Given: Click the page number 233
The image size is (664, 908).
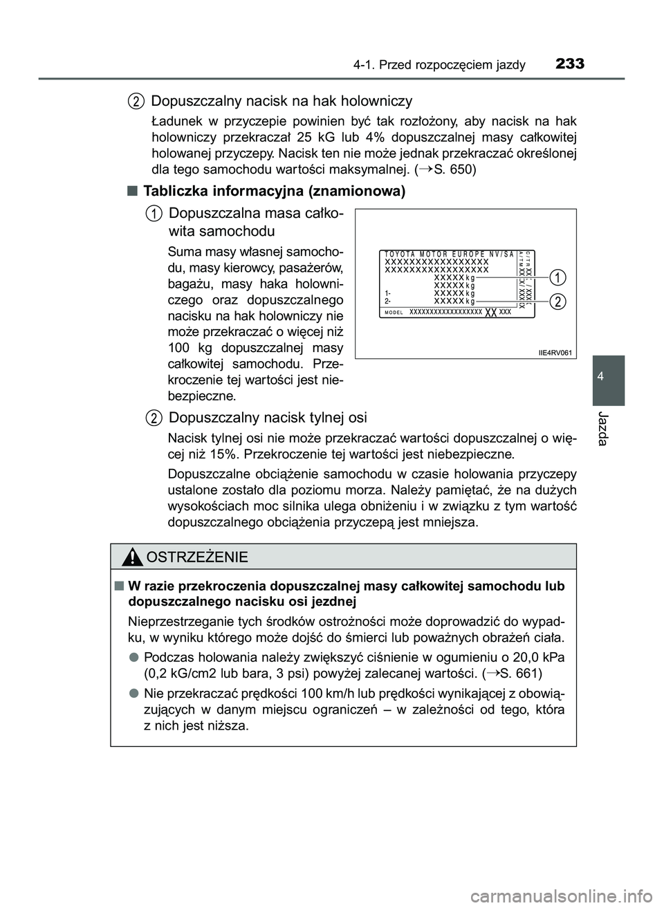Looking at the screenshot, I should tap(569, 64).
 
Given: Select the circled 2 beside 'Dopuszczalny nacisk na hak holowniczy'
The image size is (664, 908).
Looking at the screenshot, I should tap(137, 102).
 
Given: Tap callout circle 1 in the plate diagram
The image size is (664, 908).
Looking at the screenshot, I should tap(558, 277).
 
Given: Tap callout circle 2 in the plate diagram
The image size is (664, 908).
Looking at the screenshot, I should tap(558, 302).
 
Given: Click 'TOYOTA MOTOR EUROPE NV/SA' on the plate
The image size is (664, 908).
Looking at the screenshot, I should tap(449, 254).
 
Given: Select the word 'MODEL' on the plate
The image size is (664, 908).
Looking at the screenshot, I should tap(395, 313).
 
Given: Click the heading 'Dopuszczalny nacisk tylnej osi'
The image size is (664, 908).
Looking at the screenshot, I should tap(268, 417).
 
